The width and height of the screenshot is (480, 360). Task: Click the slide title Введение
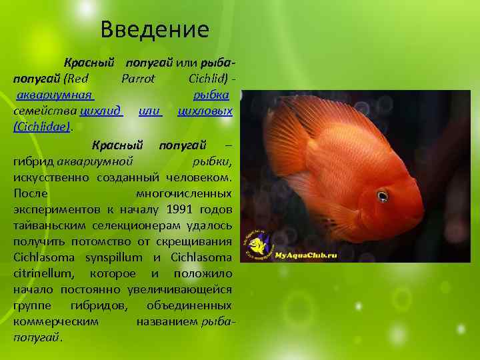[155, 29]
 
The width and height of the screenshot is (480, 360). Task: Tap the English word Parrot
[138, 79]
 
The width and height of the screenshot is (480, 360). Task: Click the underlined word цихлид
[101, 110]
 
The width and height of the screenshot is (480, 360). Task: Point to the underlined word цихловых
[205, 110]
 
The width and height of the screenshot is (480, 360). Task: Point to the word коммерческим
[55, 321]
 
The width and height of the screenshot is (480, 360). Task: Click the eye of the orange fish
[381, 195]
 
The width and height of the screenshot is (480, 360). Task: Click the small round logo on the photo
[255, 245]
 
